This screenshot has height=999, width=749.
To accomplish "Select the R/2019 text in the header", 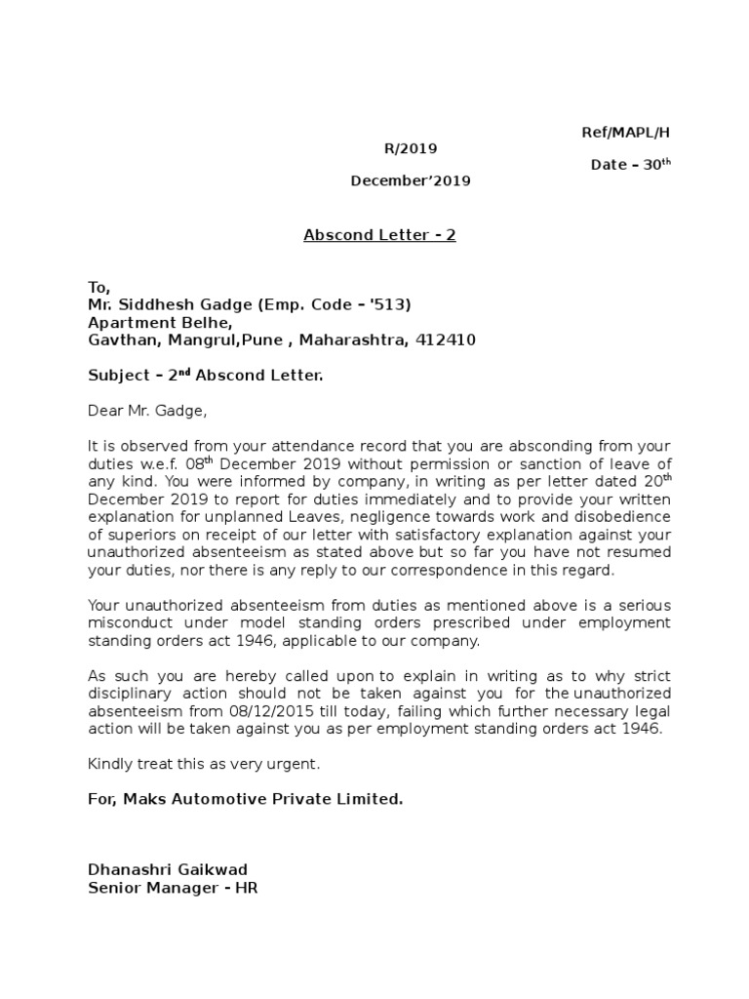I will point(410,148).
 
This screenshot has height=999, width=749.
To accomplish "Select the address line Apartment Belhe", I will point(160,322).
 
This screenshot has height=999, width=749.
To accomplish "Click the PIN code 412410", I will point(446,340).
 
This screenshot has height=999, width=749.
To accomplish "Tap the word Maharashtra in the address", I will point(354,340).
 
